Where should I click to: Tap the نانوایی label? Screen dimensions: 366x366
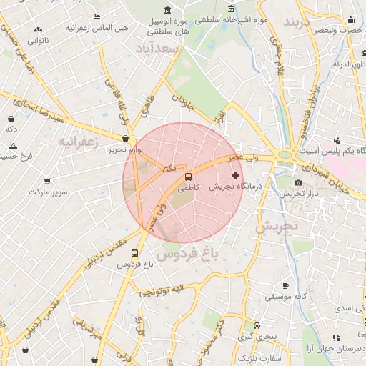click(x=38, y=41)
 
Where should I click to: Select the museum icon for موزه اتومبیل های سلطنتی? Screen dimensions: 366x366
click(x=167, y=10)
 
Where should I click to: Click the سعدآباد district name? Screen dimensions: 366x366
click(x=157, y=47)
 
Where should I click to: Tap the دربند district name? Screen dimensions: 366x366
click(x=299, y=22)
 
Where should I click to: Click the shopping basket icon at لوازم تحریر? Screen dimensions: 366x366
click(x=126, y=139)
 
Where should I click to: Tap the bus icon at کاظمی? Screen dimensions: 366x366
click(x=188, y=176)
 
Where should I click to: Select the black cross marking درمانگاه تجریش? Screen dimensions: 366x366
click(x=236, y=175)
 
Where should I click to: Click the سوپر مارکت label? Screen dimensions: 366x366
click(x=46, y=192)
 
